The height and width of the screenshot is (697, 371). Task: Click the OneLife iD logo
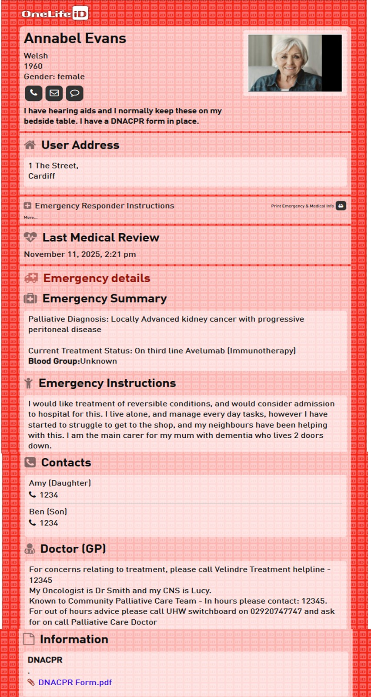point(55,13)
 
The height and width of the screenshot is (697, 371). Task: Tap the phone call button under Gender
point(33,93)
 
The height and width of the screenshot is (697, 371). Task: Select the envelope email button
point(54,93)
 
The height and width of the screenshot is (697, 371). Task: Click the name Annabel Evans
point(75,38)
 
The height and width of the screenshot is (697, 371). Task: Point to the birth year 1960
point(33,66)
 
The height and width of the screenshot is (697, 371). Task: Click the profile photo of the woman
point(294,63)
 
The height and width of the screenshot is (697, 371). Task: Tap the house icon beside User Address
point(30,145)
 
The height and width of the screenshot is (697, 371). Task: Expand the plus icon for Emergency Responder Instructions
point(27,206)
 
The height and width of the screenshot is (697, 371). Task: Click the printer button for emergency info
point(341,206)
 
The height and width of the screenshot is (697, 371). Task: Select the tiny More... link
point(30,218)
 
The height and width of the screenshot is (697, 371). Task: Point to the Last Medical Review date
point(80,254)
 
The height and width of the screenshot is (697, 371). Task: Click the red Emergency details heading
point(97,278)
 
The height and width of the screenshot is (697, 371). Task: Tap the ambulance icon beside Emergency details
point(31,278)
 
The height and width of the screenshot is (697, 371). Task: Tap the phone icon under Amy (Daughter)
point(33,495)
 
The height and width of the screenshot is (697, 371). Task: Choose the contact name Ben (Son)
point(48,512)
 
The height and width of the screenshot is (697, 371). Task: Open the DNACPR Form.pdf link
point(75,682)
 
